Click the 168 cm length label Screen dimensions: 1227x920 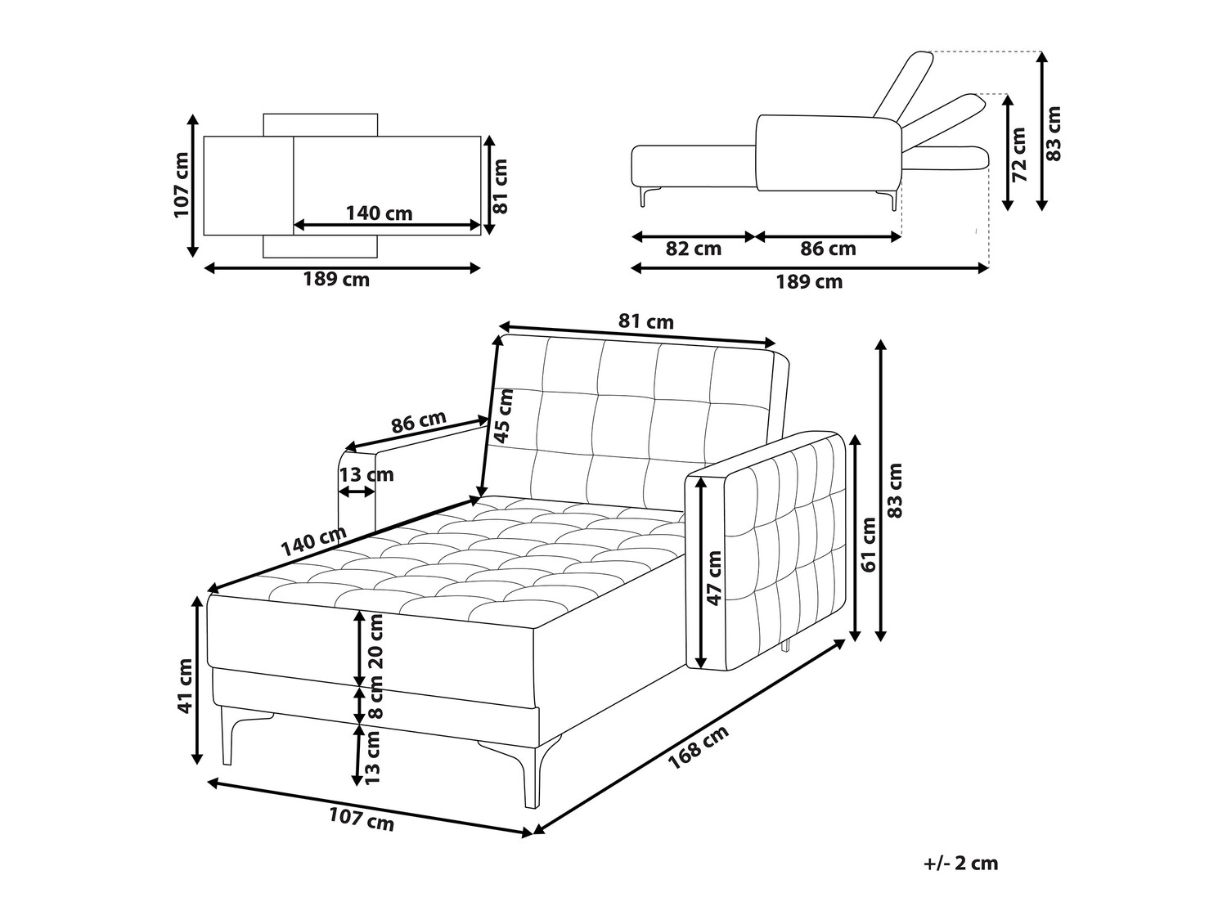click(699, 747)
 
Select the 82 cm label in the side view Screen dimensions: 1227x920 click(693, 249)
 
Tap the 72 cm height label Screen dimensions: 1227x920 click(1019, 155)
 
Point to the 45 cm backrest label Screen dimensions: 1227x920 click(503, 415)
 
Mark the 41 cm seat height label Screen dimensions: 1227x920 click(185, 685)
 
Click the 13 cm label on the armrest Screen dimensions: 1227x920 click(366, 475)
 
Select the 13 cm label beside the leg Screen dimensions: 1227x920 click(372, 756)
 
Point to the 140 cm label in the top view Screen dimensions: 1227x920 click(379, 213)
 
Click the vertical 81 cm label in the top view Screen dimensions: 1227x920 click(501, 186)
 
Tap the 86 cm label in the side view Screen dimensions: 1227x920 click(828, 249)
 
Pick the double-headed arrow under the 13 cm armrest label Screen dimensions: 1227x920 click(357, 491)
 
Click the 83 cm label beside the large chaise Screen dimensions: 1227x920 click(895, 490)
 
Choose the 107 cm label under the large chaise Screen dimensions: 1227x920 click(361, 819)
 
